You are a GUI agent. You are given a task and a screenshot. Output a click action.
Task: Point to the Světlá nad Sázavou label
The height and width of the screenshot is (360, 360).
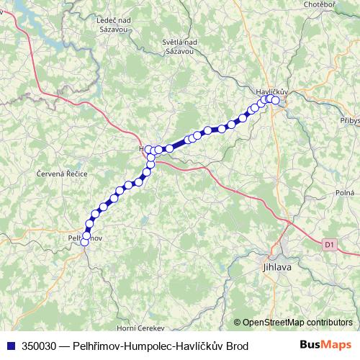coord(181,47)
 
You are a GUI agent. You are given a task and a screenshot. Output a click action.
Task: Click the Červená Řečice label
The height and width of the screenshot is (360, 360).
coord(61,174)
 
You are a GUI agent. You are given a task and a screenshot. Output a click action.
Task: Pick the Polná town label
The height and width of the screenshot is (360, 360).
coord(344,193)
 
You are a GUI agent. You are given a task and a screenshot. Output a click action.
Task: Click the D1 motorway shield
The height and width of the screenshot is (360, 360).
coord(329,245)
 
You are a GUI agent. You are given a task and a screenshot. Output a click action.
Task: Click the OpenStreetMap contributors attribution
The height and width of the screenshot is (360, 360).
coord(297,323)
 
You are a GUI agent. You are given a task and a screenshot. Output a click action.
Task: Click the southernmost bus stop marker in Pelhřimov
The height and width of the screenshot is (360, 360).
coord(85,243)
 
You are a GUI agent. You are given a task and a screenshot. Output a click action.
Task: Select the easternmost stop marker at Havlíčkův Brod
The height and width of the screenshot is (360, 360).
coord(275,100)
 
